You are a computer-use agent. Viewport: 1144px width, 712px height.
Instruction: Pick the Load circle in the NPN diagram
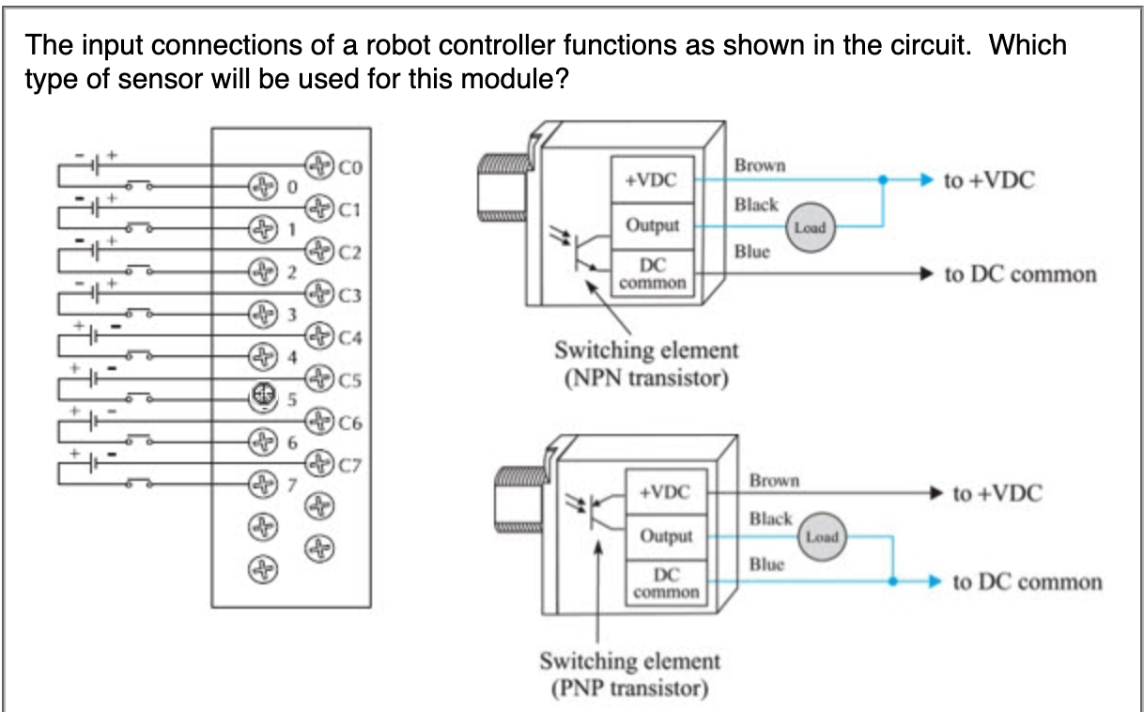point(810,227)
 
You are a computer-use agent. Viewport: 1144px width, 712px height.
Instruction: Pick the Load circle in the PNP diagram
point(821,537)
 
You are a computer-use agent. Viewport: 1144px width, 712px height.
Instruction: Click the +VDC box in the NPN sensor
point(653,179)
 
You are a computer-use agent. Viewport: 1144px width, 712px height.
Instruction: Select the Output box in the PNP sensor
point(666,536)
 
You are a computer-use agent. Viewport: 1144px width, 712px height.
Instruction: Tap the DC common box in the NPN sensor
point(653,273)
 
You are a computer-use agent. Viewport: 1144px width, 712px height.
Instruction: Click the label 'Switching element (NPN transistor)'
point(645,365)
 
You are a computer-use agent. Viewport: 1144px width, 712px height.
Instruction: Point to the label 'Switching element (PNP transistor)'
point(629,673)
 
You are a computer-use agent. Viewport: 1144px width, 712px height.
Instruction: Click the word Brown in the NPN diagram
point(760,165)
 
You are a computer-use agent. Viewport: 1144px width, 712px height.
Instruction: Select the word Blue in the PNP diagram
point(766,564)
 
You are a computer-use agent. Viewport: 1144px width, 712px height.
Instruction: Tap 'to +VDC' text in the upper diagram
point(989,180)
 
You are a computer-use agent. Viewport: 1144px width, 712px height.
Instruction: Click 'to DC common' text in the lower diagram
point(1027,581)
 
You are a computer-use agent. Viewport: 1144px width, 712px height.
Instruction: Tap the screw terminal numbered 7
point(261,485)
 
